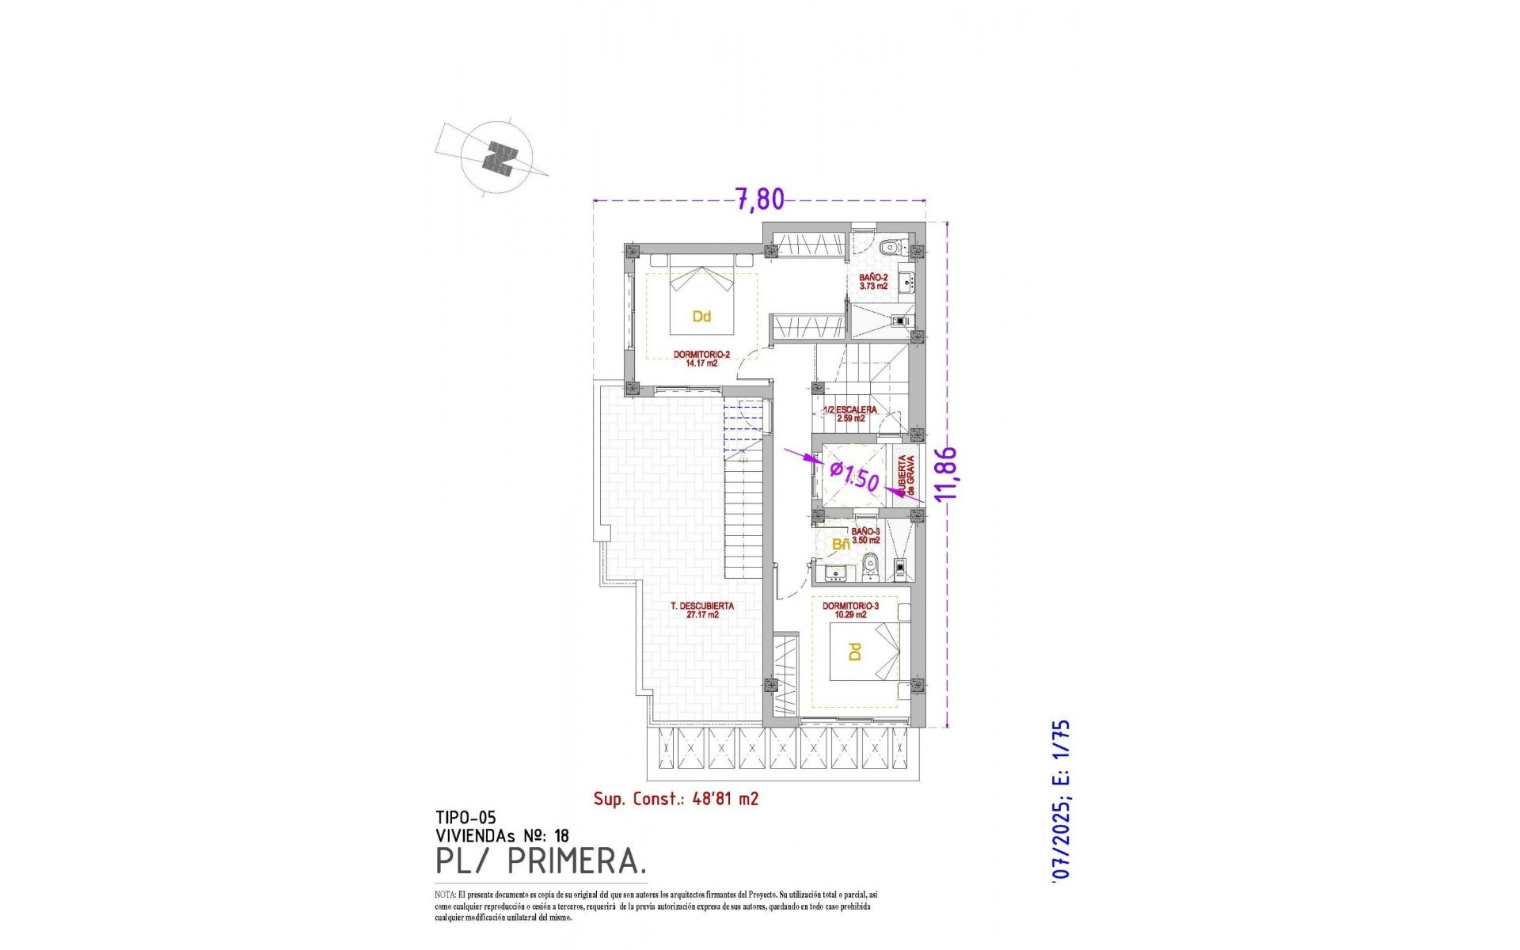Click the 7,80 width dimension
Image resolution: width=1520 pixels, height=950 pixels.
point(760,199)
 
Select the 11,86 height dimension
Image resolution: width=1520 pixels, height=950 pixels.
point(946,473)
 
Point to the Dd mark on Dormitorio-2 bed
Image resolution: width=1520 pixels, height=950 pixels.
point(701,317)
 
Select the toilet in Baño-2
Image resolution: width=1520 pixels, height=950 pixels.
point(892,246)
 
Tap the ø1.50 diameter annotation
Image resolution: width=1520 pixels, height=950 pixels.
point(854,477)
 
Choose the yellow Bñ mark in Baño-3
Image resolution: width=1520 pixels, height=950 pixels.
point(841,545)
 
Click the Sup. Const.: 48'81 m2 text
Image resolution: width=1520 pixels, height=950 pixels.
point(676,799)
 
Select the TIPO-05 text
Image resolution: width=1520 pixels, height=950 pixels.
point(465,818)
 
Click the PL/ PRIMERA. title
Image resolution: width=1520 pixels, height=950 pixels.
point(541,861)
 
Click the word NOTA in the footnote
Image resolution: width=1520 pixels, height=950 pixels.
point(445,895)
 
